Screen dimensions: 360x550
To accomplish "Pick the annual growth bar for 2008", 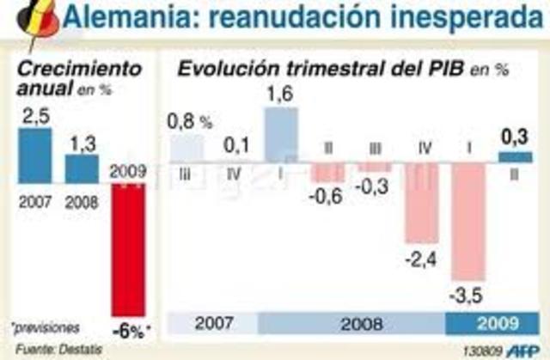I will [82, 168].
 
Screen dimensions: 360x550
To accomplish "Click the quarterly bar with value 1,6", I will [281, 135].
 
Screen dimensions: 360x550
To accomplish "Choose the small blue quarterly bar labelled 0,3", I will [515, 157].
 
